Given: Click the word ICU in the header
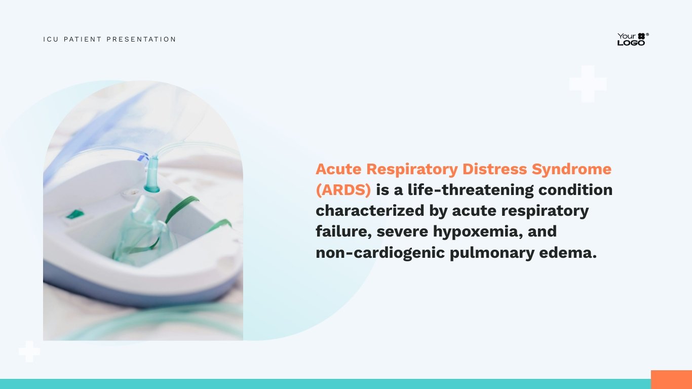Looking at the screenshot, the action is (x=51, y=39).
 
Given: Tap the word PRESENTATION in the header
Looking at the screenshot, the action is (x=141, y=39).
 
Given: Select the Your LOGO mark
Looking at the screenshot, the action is (x=633, y=39).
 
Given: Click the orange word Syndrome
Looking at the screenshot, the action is (x=571, y=169).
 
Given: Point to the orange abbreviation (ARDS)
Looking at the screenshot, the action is (x=343, y=190).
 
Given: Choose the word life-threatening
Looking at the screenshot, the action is (x=471, y=190).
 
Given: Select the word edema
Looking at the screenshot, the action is (x=568, y=253).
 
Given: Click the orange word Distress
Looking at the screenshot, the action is (x=494, y=169).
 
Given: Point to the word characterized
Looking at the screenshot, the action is (x=370, y=211).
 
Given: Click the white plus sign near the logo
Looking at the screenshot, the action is (x=588, y=84).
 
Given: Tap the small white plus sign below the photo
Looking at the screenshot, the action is (x=29, y=352).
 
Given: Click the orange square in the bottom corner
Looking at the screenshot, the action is (x=671, y=379).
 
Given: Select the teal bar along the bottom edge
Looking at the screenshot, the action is (x=325, y=384).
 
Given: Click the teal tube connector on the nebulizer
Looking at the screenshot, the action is (x=152, y=174).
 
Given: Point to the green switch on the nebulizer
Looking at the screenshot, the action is (x=75, y=214).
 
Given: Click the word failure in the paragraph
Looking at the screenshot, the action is (x=343, y=232).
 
